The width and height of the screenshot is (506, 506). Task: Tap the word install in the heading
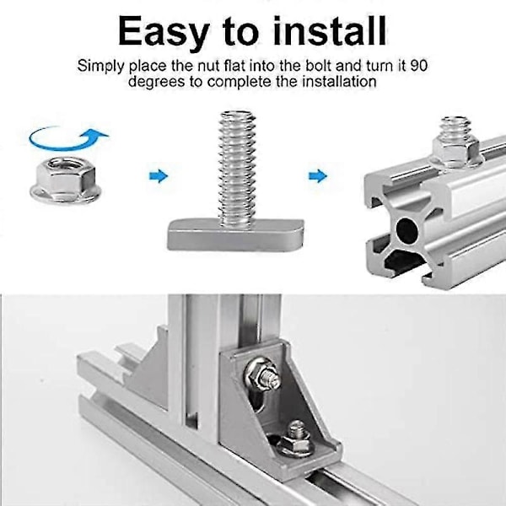[330, 30]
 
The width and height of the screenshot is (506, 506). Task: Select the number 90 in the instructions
[419, 66]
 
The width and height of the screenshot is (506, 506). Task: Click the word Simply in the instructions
[101, 67]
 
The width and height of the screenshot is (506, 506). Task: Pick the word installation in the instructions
[339, 81]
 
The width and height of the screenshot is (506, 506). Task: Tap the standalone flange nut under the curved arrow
[66, 180]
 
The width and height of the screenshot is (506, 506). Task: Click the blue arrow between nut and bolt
[159, 176]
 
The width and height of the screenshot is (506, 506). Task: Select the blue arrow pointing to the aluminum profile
[318, 176]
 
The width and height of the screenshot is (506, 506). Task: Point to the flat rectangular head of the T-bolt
[235, 234]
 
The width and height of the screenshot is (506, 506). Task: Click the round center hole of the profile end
[407, 231]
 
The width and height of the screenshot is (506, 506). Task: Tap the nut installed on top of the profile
[456, 151]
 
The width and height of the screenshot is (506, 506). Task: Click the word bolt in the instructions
[318, 66]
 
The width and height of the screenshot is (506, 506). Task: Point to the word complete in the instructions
[239, 82]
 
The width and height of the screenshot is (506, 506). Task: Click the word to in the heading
[240, 31]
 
